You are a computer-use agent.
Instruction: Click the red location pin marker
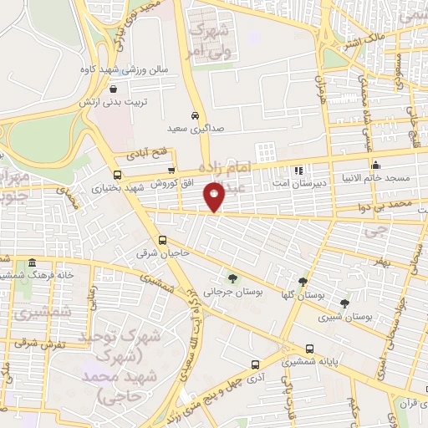[x=215, y=196]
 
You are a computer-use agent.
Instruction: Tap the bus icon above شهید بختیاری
[x=116, y=176]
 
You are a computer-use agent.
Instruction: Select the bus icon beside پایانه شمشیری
[x=310, y=349]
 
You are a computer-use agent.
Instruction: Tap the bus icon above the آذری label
[x=255, y=364]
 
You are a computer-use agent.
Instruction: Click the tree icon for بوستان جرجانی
[x=232, y=278]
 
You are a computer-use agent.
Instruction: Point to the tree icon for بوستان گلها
[x=302, y=282]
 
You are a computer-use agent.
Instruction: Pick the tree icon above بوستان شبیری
[x=344, y=303]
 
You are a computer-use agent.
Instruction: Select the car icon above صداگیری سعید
[x=194, y=116]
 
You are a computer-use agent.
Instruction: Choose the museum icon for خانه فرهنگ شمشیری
[x=31, y=262]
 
